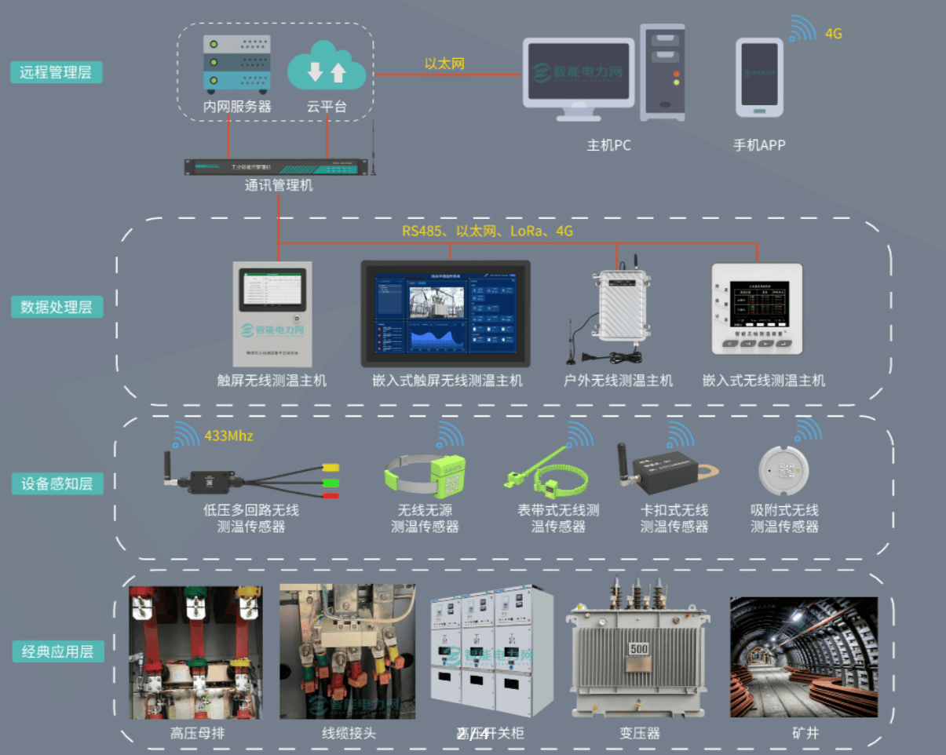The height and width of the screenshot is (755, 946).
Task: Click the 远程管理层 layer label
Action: click(x=56, y=73)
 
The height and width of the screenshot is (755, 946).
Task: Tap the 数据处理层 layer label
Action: click(x=56, y=307)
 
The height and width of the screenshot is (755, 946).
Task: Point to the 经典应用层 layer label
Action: click(x=57, y=651)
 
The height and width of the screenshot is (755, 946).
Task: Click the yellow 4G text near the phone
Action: click(x=834, y=34)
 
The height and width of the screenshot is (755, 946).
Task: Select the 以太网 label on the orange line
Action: click(x=444, y=64)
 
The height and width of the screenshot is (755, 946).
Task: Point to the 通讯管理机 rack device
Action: click(x=276, y=167)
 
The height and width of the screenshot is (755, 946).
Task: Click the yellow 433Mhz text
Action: click(x=228, y=436)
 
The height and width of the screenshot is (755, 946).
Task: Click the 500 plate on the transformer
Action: click(x=638, y=650)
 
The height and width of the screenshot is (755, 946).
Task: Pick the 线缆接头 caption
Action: click(x=349, y=734)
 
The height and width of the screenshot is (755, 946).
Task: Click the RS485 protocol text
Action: click(x=422, y=232)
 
